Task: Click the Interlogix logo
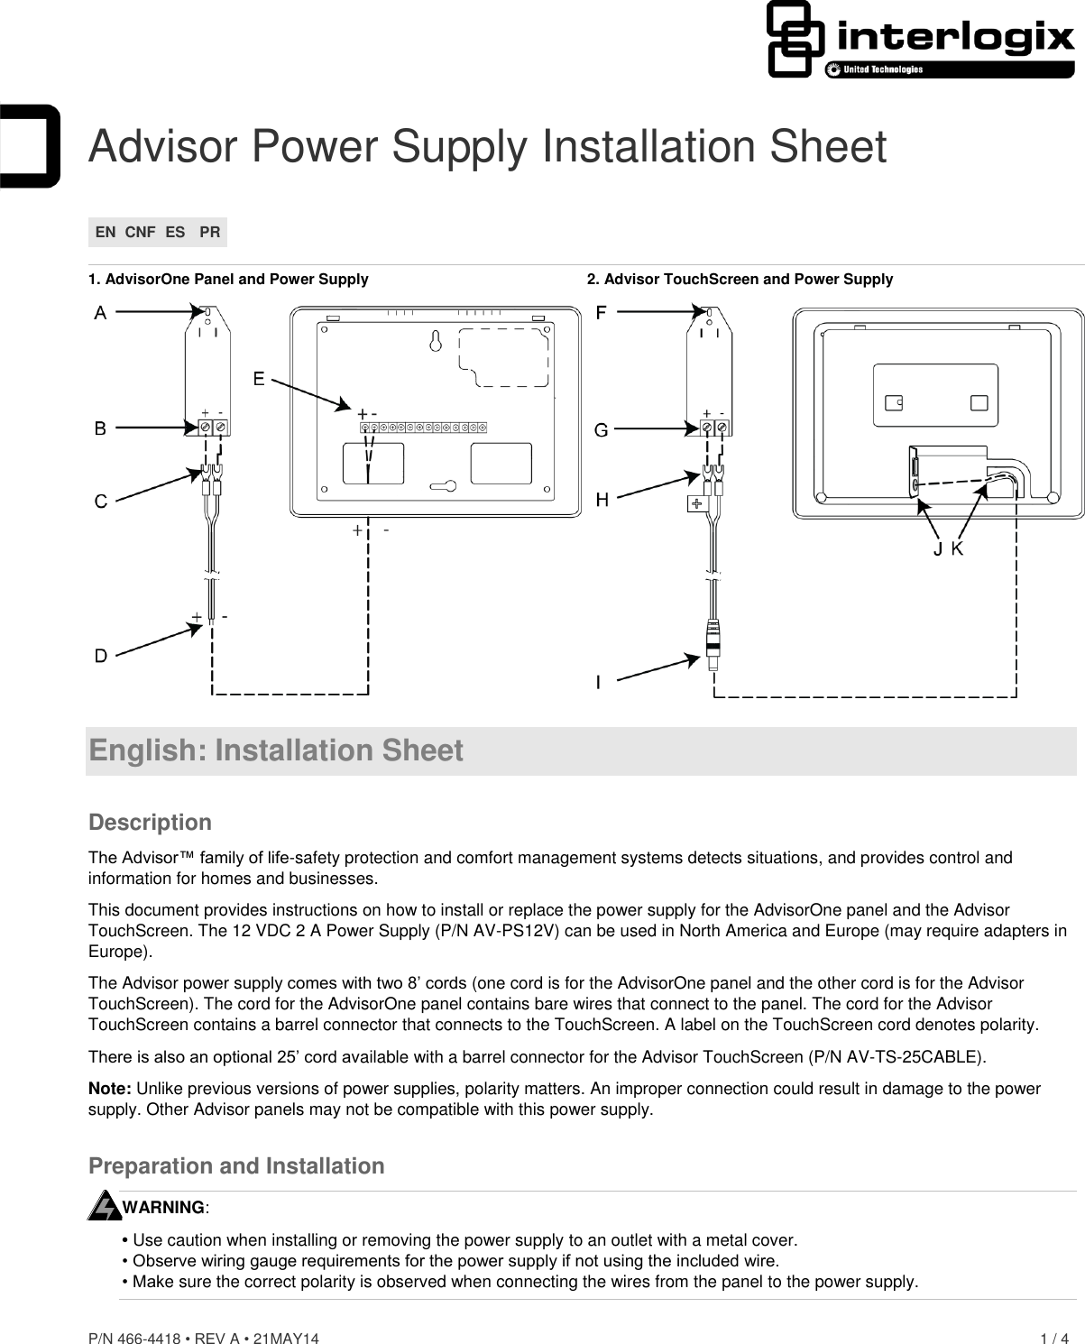(920, 41)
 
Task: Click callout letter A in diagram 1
(100, 313)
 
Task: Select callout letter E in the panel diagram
(259, 379)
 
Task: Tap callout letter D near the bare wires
(101, 656)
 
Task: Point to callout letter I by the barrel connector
(599, 683)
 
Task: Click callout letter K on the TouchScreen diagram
(957, 548)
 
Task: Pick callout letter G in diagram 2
(601, 430)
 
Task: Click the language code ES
(175, 232)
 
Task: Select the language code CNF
(140, 232)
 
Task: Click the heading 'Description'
(150, 823)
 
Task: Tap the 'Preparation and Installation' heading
(236, 1166)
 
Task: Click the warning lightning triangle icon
(104, 1206)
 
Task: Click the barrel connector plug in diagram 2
(713, 639)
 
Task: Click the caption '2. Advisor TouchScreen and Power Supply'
(740, 280)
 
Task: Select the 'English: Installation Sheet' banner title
(276, 750)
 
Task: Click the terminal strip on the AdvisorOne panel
(423, 427)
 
